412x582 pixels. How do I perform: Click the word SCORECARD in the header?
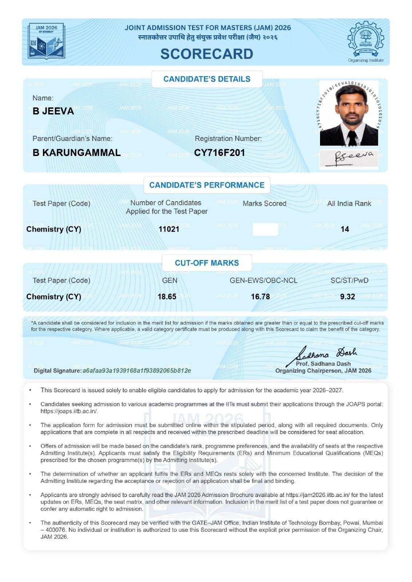tap(207, 54)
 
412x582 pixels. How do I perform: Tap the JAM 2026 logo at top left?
tap(47, 41)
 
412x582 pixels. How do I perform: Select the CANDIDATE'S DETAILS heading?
tap(207, 79)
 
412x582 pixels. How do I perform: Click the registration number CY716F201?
tap(219, 153)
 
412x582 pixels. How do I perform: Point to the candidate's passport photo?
tap(349, 113)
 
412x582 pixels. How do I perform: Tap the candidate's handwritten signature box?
tap(349, 159)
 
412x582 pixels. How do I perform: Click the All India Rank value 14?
tap(345, 229)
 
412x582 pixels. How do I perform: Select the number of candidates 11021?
tap(169, 229)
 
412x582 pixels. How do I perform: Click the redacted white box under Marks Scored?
tap(265, 230)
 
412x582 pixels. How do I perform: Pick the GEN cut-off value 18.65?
tap(167, 297)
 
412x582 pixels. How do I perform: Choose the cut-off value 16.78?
tap(260, 297)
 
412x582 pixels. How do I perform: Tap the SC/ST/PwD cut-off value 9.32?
tap(347, 297)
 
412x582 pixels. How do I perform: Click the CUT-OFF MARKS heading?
tap(207, 263)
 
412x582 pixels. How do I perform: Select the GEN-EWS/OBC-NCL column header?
tap(263, 280)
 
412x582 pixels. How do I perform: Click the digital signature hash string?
tap(137, 371)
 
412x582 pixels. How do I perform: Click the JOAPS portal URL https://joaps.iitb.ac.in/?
tap(69, 411)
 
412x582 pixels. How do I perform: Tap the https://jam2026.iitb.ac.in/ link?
tap(317, 495)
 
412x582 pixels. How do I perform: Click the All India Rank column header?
tap(349, 204)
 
